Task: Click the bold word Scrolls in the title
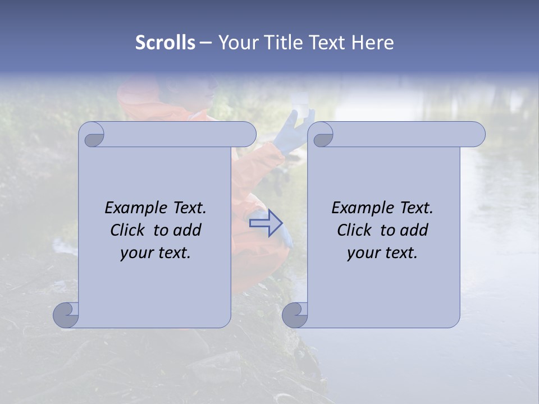166,43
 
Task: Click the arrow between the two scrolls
266,223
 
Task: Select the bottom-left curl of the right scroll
295,315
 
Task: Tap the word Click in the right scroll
354,230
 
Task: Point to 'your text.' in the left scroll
156,253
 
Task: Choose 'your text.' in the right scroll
382,253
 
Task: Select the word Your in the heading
236,43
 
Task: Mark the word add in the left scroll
188,230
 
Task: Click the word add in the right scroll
415,230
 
